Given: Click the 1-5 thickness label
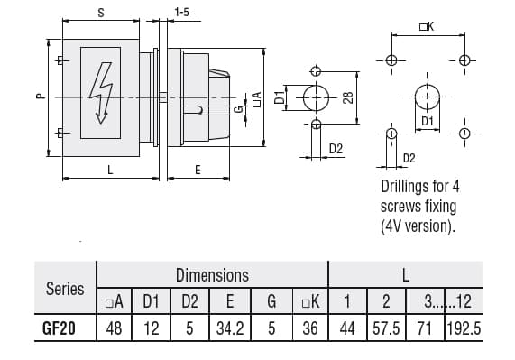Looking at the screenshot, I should [x=181, y=13].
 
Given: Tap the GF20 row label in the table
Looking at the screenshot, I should [x=64, y=329].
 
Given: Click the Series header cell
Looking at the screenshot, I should [x=64, y=289].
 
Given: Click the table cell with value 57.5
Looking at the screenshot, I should [x=386, y=329].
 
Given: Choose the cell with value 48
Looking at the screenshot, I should [x=115, y=329].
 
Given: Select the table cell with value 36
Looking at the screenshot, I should [x=309, y=329].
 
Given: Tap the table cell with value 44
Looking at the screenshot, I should [x=347, y=329].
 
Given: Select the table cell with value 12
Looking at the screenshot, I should [x=152, y=329].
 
